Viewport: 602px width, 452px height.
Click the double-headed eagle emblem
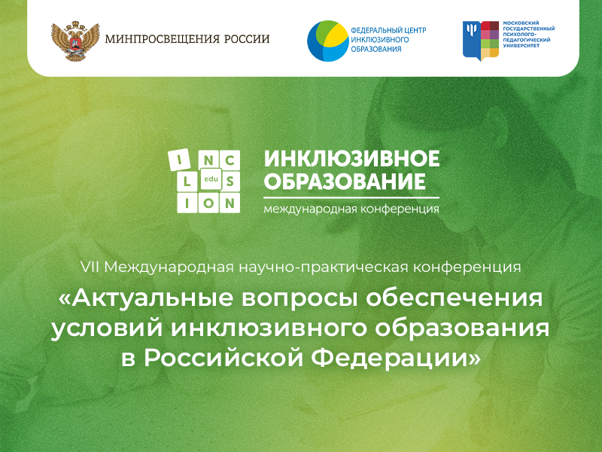[x=75, y=41]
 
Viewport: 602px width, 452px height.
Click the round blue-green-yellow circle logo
[x=328, y=41]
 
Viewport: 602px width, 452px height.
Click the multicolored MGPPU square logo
[x=481, y=41]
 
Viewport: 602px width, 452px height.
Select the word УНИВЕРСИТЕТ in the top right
[x=521, y=45]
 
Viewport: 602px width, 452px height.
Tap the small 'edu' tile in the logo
[x=211, y=179]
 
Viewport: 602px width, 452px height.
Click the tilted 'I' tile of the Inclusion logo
[x=179, y=160]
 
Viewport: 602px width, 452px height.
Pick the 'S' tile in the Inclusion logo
[x=230, y=182]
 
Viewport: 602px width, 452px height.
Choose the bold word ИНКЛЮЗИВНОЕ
[x=351, y=158]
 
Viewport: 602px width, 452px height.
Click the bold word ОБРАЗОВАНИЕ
[x=345, y=181]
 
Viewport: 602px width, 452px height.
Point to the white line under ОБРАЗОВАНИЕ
[x=351, y=197]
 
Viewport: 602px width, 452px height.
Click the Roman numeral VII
[x=90, y=267]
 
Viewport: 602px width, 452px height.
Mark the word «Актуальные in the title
[x=146, y=298]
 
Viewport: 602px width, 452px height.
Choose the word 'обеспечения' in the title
[x=455, y=299]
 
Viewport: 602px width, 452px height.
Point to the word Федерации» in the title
[x=396, y=359]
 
